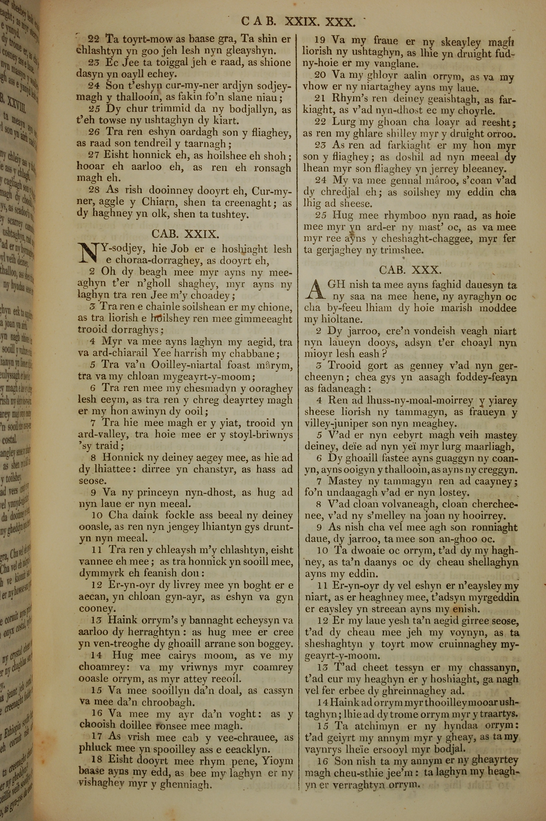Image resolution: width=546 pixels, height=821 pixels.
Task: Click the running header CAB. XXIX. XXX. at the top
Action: [x=298, y=22]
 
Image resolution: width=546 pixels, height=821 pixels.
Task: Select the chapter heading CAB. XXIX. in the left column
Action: [x=185, y=234]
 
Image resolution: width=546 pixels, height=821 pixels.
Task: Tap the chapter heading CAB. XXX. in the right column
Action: [x=411, y=270]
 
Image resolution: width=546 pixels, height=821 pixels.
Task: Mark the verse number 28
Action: [x=94, y=190]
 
